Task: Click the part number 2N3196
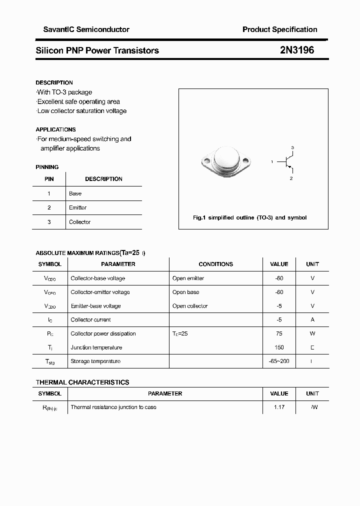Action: click(x=297, y=50)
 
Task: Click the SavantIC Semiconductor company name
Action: click(x=82, y=29)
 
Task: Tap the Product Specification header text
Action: click(x=279, y=29)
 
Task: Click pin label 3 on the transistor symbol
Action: click(x=292, y=147)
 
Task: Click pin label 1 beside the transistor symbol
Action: click(x=271, y=162)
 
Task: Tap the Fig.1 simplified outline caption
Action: click(x=249, y=217)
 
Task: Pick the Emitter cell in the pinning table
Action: click(x=78, y=207)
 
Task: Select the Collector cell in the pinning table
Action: click(x=80, y=222)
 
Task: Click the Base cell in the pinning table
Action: click(x=75, y=193)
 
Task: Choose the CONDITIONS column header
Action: click(x=215, y=264)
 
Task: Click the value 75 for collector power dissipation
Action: click(x=279, y=333)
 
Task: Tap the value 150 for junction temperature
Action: click(x=279, y=347)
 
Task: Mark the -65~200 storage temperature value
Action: click(x=279, y=361)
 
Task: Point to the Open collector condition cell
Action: click(x=190, y=306)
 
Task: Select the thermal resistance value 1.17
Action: click(x=279, y=407)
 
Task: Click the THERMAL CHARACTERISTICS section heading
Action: click(x=82, y=382)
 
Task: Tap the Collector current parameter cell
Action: click(x=91, y=319)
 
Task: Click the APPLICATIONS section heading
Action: click(x=56, y=129)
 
